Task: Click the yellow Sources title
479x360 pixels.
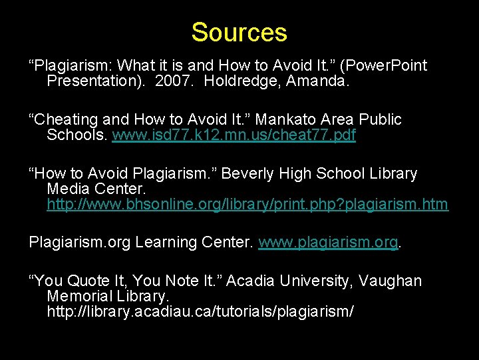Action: pyautogui.click(x=239, y=33)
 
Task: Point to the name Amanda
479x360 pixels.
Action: pyautogui.click(x=317, y=82)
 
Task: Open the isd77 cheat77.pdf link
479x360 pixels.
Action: pyautogui.click(x=234, y=136)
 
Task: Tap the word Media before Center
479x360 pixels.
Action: pyautogui.click(x=71, y=189)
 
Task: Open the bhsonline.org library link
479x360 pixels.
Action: pyautogui.click(x=247, y=205)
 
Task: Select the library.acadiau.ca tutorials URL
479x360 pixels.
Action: pyautogui.click(x=200, y=311)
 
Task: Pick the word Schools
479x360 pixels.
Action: pyautogui.click(x=76, y=136)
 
